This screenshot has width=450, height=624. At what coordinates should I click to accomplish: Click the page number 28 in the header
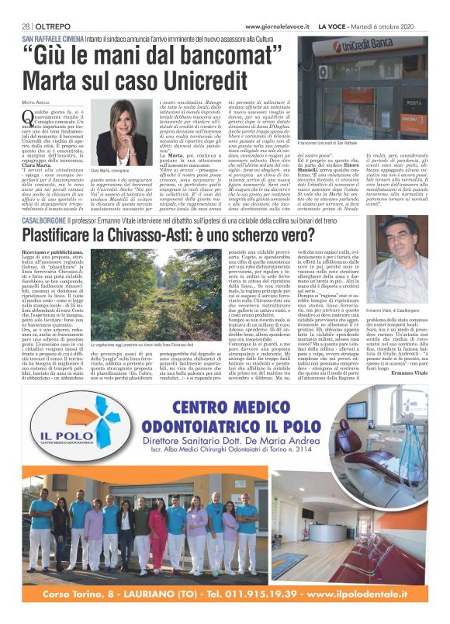26,26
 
